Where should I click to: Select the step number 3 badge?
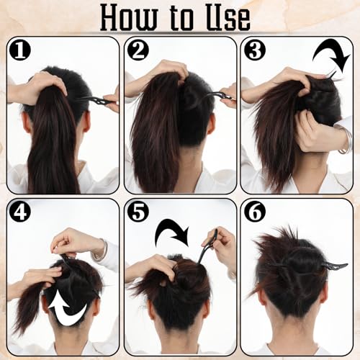(x=255, y=50)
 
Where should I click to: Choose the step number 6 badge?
(x=255, y=212)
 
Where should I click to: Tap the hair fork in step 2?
(x=216, y=96)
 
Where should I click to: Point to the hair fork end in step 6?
(x=334, y=266)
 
